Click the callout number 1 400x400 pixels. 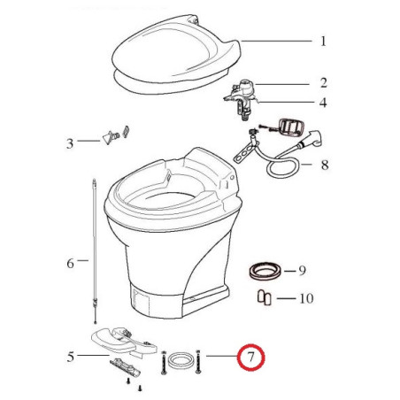[x=323, y=41]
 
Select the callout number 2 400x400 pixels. [x=323, y=83]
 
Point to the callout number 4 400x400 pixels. [x=323, y=103]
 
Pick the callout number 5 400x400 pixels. [x=70, y=358]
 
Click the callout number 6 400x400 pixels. [x=70, y=262]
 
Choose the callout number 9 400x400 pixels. [x=302, y=270]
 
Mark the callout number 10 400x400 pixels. [x=305, y=299]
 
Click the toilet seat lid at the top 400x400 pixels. [x=177, y=49]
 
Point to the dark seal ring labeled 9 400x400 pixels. [x=261, y=269]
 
